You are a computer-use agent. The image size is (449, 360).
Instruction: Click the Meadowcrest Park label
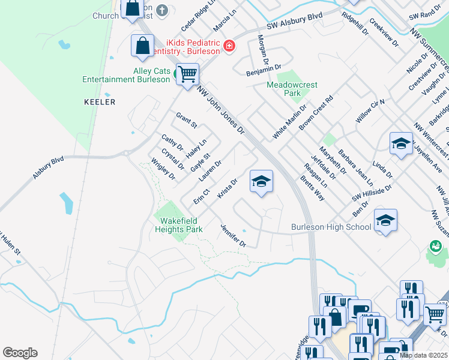pyautogui.click(x=292, y=89)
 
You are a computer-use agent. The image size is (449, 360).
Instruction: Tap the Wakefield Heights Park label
pyautogui.click(x=179, y=224)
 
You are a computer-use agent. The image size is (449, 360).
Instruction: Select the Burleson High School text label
pyautogui.click(x=331, y=227)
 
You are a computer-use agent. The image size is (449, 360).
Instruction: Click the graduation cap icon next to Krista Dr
pyautogui.click(x=261, y=182)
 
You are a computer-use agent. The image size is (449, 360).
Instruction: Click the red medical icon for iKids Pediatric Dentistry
pyautogui.click(x=229, y=46)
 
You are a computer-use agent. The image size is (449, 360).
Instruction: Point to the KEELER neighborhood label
pyautogui.click(x=99, y=103)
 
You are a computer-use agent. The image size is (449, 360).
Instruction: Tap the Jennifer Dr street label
pyautogui.click(x=234, y=236)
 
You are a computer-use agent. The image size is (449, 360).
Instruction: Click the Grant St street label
pyautogui.click(x=186, y=120)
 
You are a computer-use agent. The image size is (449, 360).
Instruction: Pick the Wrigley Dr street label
pyautogui.click(x=163, y=169)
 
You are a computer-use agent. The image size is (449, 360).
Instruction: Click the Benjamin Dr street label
pyautogui.click(x=264, y=70)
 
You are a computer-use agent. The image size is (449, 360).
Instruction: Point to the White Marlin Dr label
pyautogui.click(x=289, y=122)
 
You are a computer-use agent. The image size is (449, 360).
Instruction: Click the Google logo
pyautogui.click(x=20, y=353)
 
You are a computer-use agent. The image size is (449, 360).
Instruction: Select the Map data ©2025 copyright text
pyautogui.click(x=423, y=355)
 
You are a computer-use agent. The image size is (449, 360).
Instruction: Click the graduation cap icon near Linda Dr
pyautogui.click(x=401, y=144)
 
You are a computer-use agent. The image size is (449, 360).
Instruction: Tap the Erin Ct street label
pyautogui.click(x=201, y=196)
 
